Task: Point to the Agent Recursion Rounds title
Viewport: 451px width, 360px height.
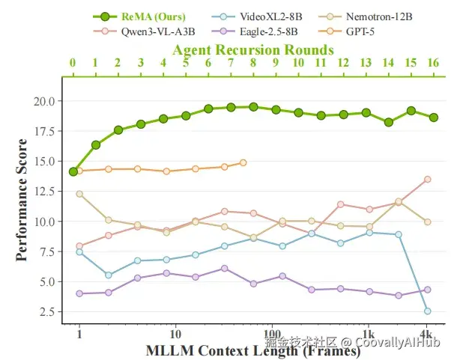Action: [253, 49]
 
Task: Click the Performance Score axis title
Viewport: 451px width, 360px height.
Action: [22, 200]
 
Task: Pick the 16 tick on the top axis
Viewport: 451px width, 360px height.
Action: [434, 63]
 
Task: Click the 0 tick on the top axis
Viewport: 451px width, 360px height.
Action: [73, 63]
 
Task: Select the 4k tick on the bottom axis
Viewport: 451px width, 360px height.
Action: [426, 333]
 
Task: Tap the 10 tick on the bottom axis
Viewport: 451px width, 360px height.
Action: [175, 333]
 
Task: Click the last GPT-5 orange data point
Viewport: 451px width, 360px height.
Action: [243, 162]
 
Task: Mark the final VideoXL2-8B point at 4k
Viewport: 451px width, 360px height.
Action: [427, 311]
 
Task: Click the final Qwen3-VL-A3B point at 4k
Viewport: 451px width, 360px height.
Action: [427, 179]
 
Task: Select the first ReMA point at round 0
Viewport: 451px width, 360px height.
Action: [73, 171]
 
